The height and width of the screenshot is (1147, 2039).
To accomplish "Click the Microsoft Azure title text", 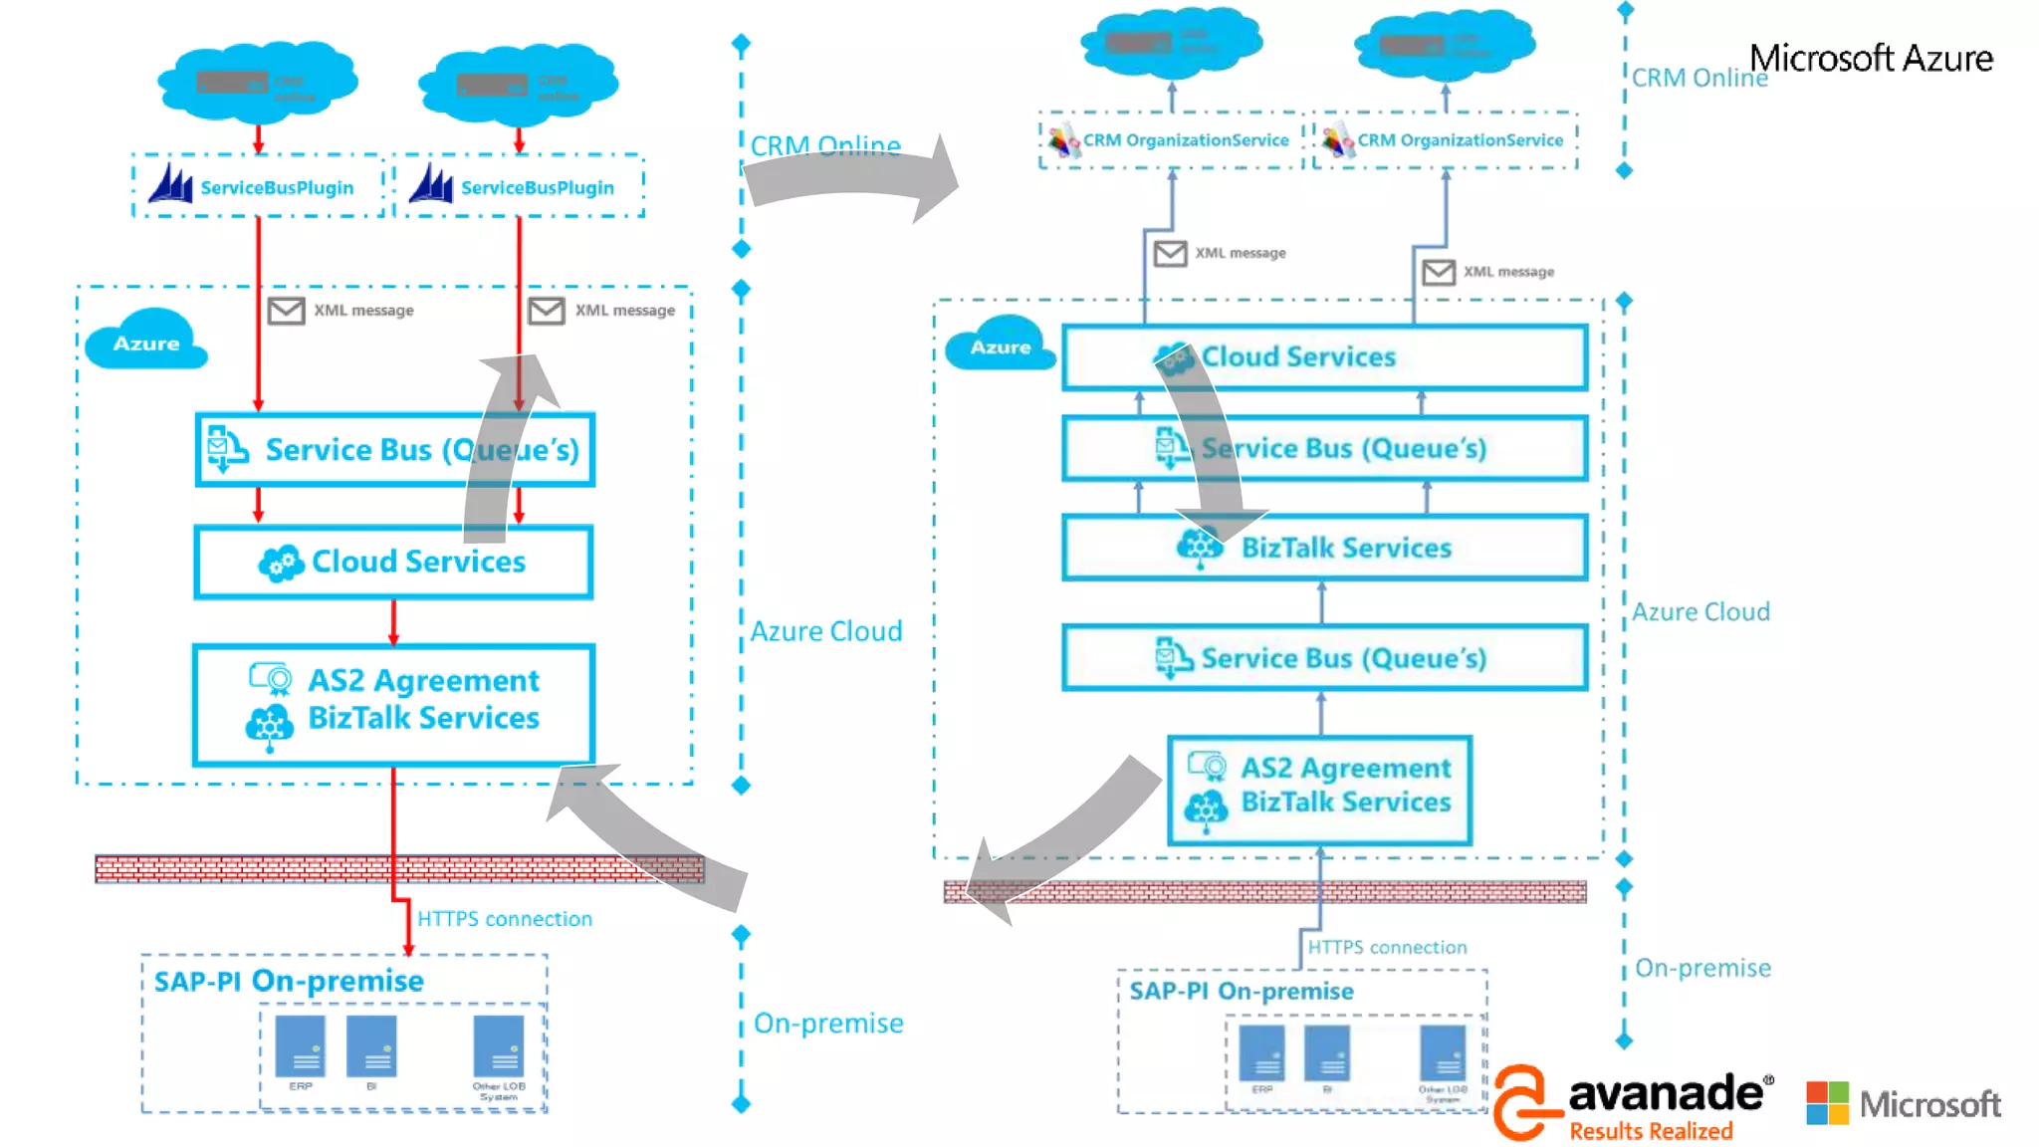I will coord(1871,59).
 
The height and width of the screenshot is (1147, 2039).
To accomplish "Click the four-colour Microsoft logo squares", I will coord(1827,1103).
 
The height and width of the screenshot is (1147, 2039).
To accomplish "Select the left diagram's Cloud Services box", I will coord(394,563).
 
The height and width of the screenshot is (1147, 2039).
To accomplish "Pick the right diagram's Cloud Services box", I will coord(1324,357).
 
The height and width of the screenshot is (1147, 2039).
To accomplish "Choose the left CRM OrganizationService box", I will coord(1171,140).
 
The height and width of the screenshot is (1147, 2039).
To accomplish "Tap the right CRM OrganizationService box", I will coord(1446,140).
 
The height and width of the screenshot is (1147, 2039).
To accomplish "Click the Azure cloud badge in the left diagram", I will coord(146,342).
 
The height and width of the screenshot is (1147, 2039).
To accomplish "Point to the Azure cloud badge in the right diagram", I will coord(1000,345).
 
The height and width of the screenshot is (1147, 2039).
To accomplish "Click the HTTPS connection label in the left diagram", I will coord(504,919).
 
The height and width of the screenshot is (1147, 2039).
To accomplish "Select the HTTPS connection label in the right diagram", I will coord(1387,947).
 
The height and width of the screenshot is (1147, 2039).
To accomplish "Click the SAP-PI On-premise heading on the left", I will coord(289,981).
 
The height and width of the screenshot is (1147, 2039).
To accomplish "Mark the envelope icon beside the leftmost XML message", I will coord(286,311).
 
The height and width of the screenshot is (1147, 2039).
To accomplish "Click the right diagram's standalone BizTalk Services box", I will coord(1324,548).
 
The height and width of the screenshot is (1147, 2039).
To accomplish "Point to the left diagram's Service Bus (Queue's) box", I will coord(394,450).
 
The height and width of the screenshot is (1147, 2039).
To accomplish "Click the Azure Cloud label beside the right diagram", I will coord(1700,611).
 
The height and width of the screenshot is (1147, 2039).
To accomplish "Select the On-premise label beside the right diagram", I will coord(1702,968).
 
